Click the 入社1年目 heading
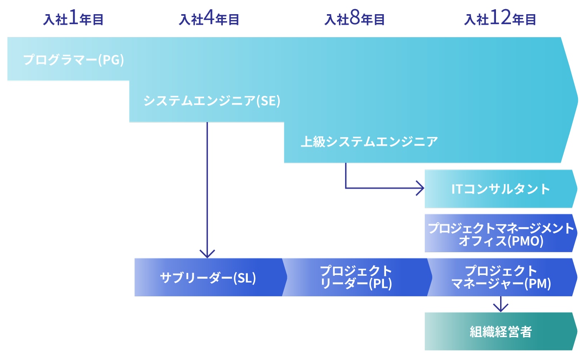pyautogui.click(x=73, y=20)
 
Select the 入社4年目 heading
pyautogui.click(x=209, y=20)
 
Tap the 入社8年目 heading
pyautogui.click(x=354, y=20)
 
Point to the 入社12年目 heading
pyautogui.click(x=500, y=20)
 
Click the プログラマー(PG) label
pyautogui.click(x=74, y=60)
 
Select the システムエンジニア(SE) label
pyautogui.click(x=212, y=101)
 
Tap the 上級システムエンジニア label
pyautogui.click(x=369, y=142)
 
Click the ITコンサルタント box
pyautogui.click(x=501, y=189)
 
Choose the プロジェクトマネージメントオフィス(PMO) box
pyautogui.click(x=501, y=233)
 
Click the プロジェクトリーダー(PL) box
pyautogui.click(x=356, y=277)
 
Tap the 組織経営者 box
pyautogui.click(x=501, y=331)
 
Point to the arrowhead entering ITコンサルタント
pyautogui.click(x=421, y=189)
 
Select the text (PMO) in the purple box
pyautogui.click(x=526, y=241)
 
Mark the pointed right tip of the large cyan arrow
pyautogui.click(x=577, y=100)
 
